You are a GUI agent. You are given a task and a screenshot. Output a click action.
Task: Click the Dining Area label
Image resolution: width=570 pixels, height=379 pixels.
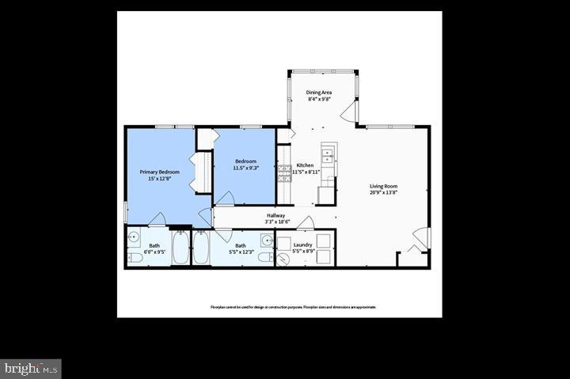point(319,93)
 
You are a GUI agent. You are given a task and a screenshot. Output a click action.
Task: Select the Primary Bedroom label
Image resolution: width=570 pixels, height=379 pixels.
point(160,172)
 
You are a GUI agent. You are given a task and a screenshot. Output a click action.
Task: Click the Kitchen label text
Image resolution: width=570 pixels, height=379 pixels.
point(305,165)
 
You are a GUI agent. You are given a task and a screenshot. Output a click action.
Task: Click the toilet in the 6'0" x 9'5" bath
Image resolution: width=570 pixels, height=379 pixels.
point(135,257)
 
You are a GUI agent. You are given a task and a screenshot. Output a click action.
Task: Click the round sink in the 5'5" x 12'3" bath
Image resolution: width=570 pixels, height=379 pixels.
point(267,241)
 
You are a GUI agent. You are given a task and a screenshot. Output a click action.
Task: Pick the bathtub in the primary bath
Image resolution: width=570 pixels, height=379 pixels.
point(180,248)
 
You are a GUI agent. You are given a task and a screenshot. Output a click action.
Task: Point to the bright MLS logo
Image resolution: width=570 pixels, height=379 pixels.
point(31,368)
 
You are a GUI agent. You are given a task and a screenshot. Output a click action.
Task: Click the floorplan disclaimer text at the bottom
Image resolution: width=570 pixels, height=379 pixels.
point(293,307)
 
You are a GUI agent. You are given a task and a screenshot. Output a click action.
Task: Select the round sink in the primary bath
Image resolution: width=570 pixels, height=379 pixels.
point(135,237)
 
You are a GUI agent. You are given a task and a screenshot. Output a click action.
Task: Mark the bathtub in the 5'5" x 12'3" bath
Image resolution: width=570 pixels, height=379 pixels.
point(200,248)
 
